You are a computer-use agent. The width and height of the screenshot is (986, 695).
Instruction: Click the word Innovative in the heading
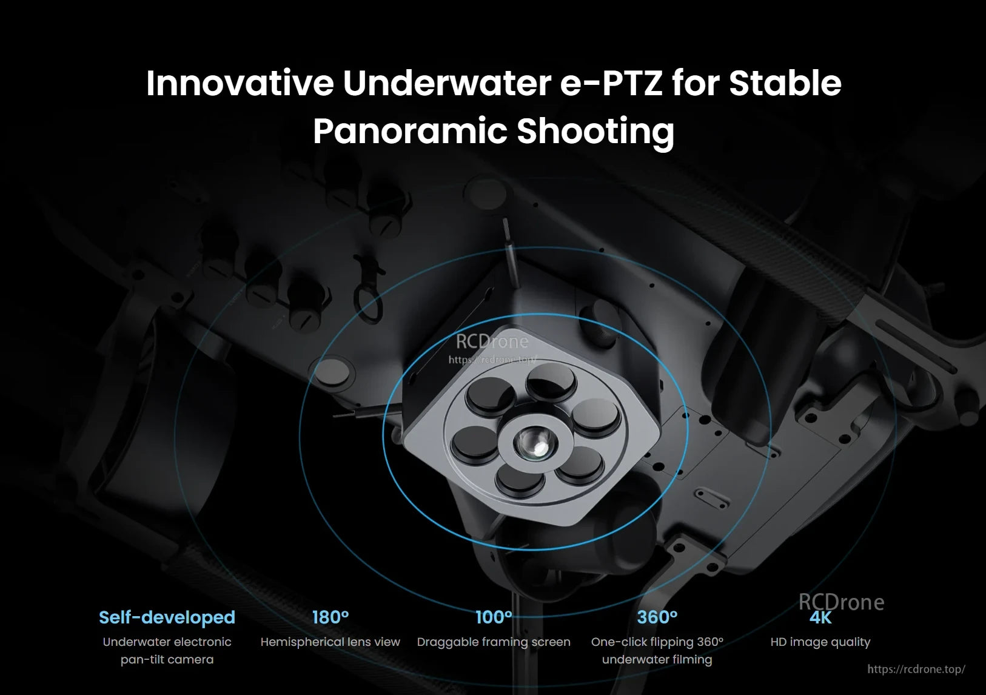click(240, 83)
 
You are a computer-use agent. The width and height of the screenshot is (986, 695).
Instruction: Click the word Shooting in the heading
click(595, 130)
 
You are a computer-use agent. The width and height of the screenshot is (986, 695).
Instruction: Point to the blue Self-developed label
click(167, 617)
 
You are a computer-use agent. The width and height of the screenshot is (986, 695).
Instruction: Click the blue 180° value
click(330, 617)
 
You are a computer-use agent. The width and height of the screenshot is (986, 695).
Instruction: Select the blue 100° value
click(494, 617)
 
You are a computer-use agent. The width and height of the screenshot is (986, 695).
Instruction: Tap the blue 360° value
click(657, 617)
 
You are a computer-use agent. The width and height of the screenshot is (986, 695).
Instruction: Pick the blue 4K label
click(820, 618)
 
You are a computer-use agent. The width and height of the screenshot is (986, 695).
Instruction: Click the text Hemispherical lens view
click(330, 642)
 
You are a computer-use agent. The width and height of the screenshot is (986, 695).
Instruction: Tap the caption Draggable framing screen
click(494, 642)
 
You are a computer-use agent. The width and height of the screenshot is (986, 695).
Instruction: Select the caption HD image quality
click(820, 642)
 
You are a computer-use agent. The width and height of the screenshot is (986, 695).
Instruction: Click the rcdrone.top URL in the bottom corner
click(916, 669)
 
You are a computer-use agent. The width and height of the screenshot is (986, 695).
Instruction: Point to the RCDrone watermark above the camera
click(492, 342)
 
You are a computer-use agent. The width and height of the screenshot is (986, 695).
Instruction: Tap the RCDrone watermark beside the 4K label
click(841, 602)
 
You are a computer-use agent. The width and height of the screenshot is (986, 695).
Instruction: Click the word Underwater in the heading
click(446, 83)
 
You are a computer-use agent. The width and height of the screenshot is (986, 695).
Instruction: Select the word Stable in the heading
click(785, 83)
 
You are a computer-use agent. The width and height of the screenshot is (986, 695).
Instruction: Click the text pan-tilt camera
click(167, 659)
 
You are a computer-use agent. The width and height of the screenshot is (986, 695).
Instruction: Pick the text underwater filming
click(657, 659)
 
